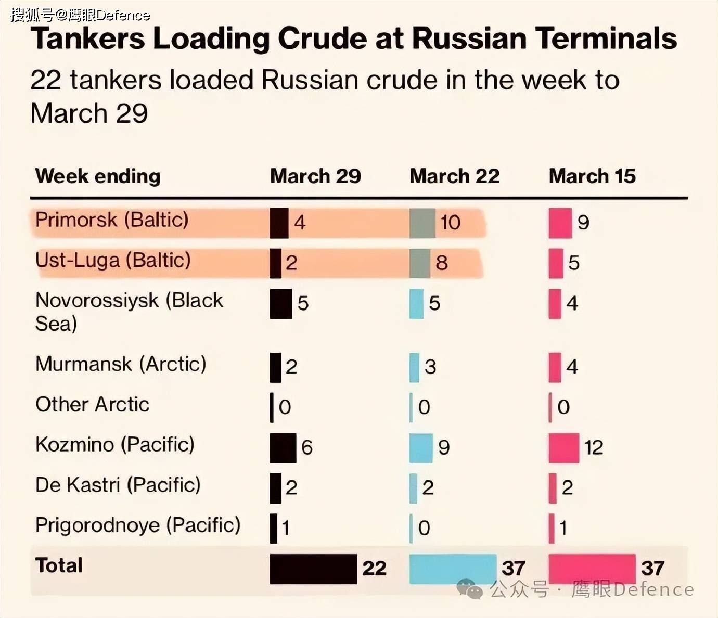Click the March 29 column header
[315, 176]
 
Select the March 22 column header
[454, 176]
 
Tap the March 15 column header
[592, 176]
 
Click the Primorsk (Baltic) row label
[112, 220]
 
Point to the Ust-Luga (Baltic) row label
[113, 260]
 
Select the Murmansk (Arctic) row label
[121, 364]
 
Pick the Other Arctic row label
[92, 404]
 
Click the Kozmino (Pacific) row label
[115, 445]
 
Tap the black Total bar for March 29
[313, 569]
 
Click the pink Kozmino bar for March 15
[563, 447]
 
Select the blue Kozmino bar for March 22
[421, 447]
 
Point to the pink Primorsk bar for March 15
[560, 223]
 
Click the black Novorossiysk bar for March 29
[281, 303]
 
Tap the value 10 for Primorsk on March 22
[451, 223]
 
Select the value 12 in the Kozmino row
[594, 447]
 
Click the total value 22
[374, 568]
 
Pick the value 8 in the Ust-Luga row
[442, 263]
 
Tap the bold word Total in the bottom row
[59, 565]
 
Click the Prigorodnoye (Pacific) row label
[138, 525]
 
